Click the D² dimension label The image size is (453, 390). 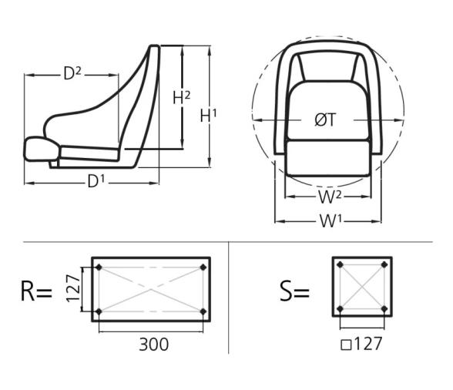(x=72, y=74)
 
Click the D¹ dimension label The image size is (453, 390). (x=95, y=182)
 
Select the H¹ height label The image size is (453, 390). (x=208, y=116)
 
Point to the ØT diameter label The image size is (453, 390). (x=326, y=120)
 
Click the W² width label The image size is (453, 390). (x=330, y=197)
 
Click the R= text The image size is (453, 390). (x=35, y=291)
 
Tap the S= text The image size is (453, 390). (x=294, y=291)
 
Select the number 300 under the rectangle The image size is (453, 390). (x=154, y=343)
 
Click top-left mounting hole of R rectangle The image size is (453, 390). (x=99, y=267)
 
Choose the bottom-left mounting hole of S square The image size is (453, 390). (x=341, y=310)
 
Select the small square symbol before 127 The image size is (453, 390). (x=346, y=345)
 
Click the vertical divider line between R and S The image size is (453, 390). (x=230, y=297)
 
